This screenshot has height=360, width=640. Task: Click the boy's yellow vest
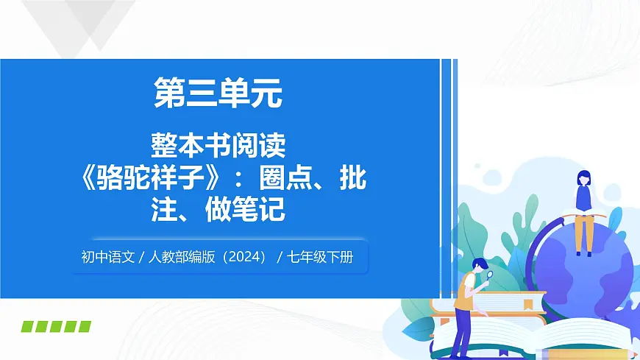click(x=466, y=294)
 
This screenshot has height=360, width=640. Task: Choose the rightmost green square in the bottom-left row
click(x=85, y=326)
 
